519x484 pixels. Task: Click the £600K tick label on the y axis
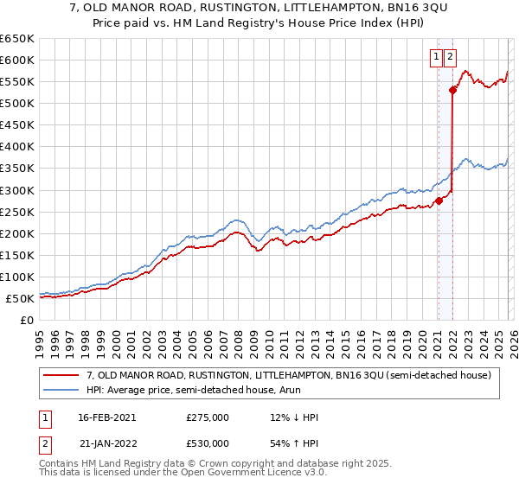pos(17,60)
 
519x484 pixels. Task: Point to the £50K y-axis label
pos(21,298)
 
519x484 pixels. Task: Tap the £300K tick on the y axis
pos(17,190)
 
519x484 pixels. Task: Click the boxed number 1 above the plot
pos(437,58)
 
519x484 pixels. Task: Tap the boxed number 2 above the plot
pos(451,58)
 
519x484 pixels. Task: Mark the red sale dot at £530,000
pos(452,90)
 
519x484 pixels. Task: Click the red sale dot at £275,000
pos(439,201)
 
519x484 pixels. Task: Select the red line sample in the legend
pos(61,375)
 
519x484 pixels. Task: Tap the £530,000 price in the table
pos(207,443)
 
